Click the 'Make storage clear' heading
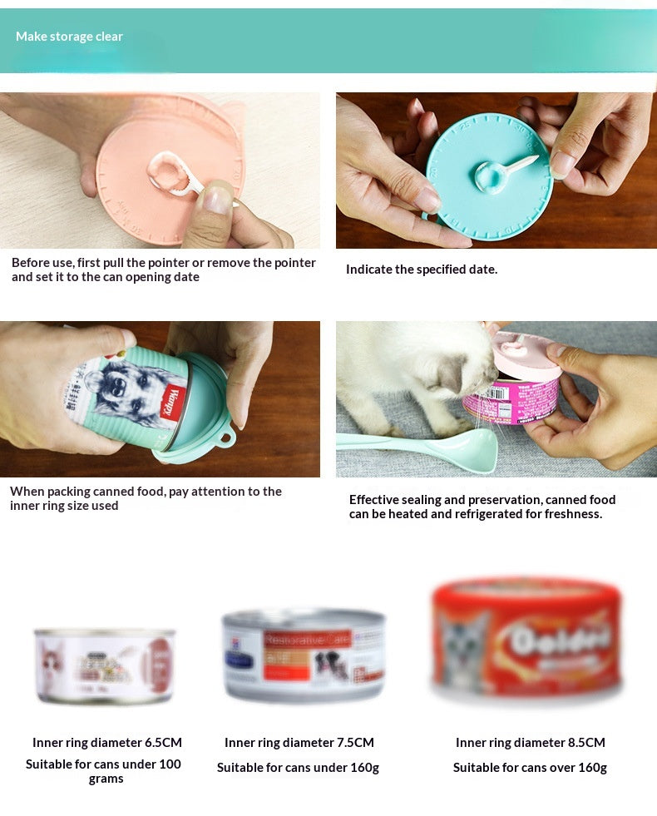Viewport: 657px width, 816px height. pos(69,37)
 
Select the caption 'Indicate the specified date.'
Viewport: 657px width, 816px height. pos(421,270)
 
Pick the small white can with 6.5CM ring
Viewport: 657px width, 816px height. pos(105,666)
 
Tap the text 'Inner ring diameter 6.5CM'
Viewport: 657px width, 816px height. pos(106,743)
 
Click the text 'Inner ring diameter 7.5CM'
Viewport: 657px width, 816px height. pos(299,743)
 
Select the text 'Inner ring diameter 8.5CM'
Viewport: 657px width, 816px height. pos(530,743)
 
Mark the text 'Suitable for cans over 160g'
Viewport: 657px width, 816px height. pos(530,768)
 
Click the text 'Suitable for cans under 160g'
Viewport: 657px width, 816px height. pos(298,768)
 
